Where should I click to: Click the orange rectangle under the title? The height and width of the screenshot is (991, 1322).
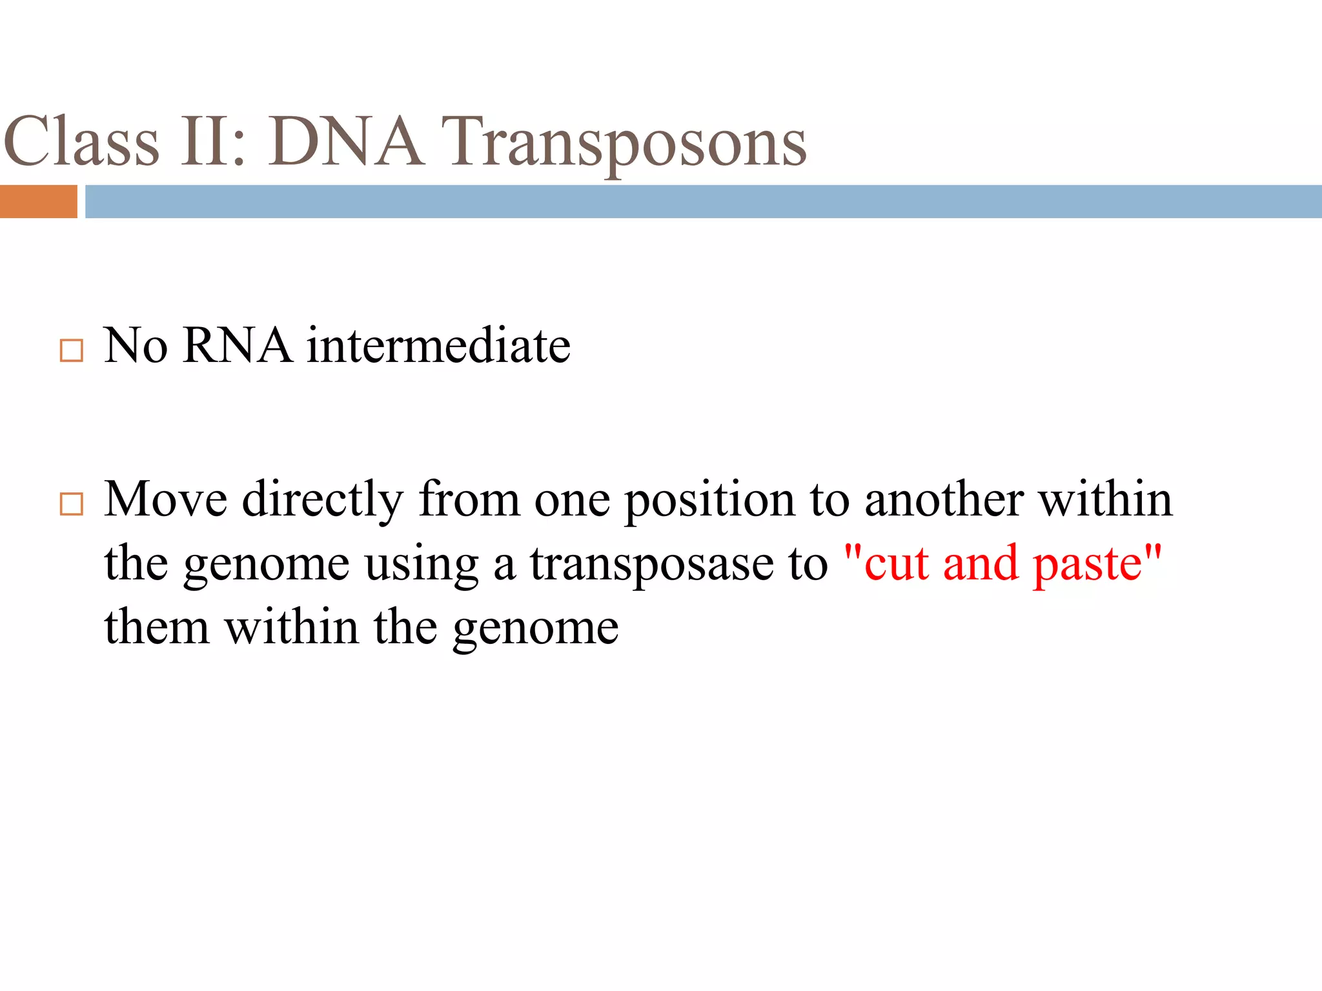[x=38, y=201]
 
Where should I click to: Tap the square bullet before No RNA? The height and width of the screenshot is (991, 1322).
[x=71, y=350]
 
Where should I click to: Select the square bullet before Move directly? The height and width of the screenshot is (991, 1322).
[x=71, y=504]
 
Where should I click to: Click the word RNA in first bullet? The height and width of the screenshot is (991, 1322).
[x=236, y=346]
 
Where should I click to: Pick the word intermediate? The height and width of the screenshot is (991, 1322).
[x=438, y=346]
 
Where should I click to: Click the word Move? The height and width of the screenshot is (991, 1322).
[x=165, y=499]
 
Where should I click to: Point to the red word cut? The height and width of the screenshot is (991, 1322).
[x=896, y=564]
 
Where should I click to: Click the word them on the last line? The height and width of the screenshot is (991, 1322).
[x=157, y=627]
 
